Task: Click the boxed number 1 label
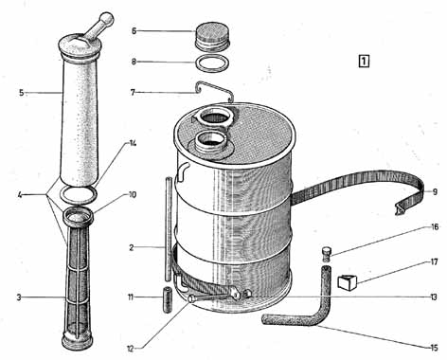click(x=364, y=62)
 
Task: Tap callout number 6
click(x=134, y=31)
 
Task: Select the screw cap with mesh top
click(x=212, y=37)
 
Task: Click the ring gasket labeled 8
click(x=211, y=63)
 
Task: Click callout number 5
click(x=21, y=93)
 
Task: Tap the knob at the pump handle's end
click(x=107, y=19)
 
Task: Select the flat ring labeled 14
click(x=78, y=194)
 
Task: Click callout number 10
click(x=133, y=195)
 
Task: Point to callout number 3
click(x=19, y=297)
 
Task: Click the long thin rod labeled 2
click(x=169, y=229)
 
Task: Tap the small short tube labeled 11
click(x=168, y=299)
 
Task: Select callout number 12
click(x=131, y=349)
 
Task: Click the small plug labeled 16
click(x=327, y=255)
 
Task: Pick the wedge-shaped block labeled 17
click(x=347, y=282)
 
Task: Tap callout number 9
click(x=435, y=192)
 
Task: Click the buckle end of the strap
click(x=401, y=209)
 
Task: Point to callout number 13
click(x=434, y=297)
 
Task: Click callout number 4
click(x=20, y=195)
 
